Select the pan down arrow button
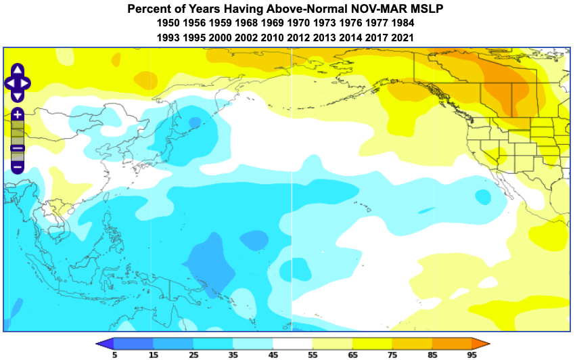(x=18, y=95)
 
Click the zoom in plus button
(x=18, y=115)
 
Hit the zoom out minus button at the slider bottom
(x=18, y=166)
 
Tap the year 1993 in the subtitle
(x=168, y=38)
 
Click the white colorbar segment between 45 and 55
(x=293, y=343)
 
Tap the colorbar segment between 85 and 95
(x=452, y=343)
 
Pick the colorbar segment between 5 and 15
(x=134, y=343)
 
